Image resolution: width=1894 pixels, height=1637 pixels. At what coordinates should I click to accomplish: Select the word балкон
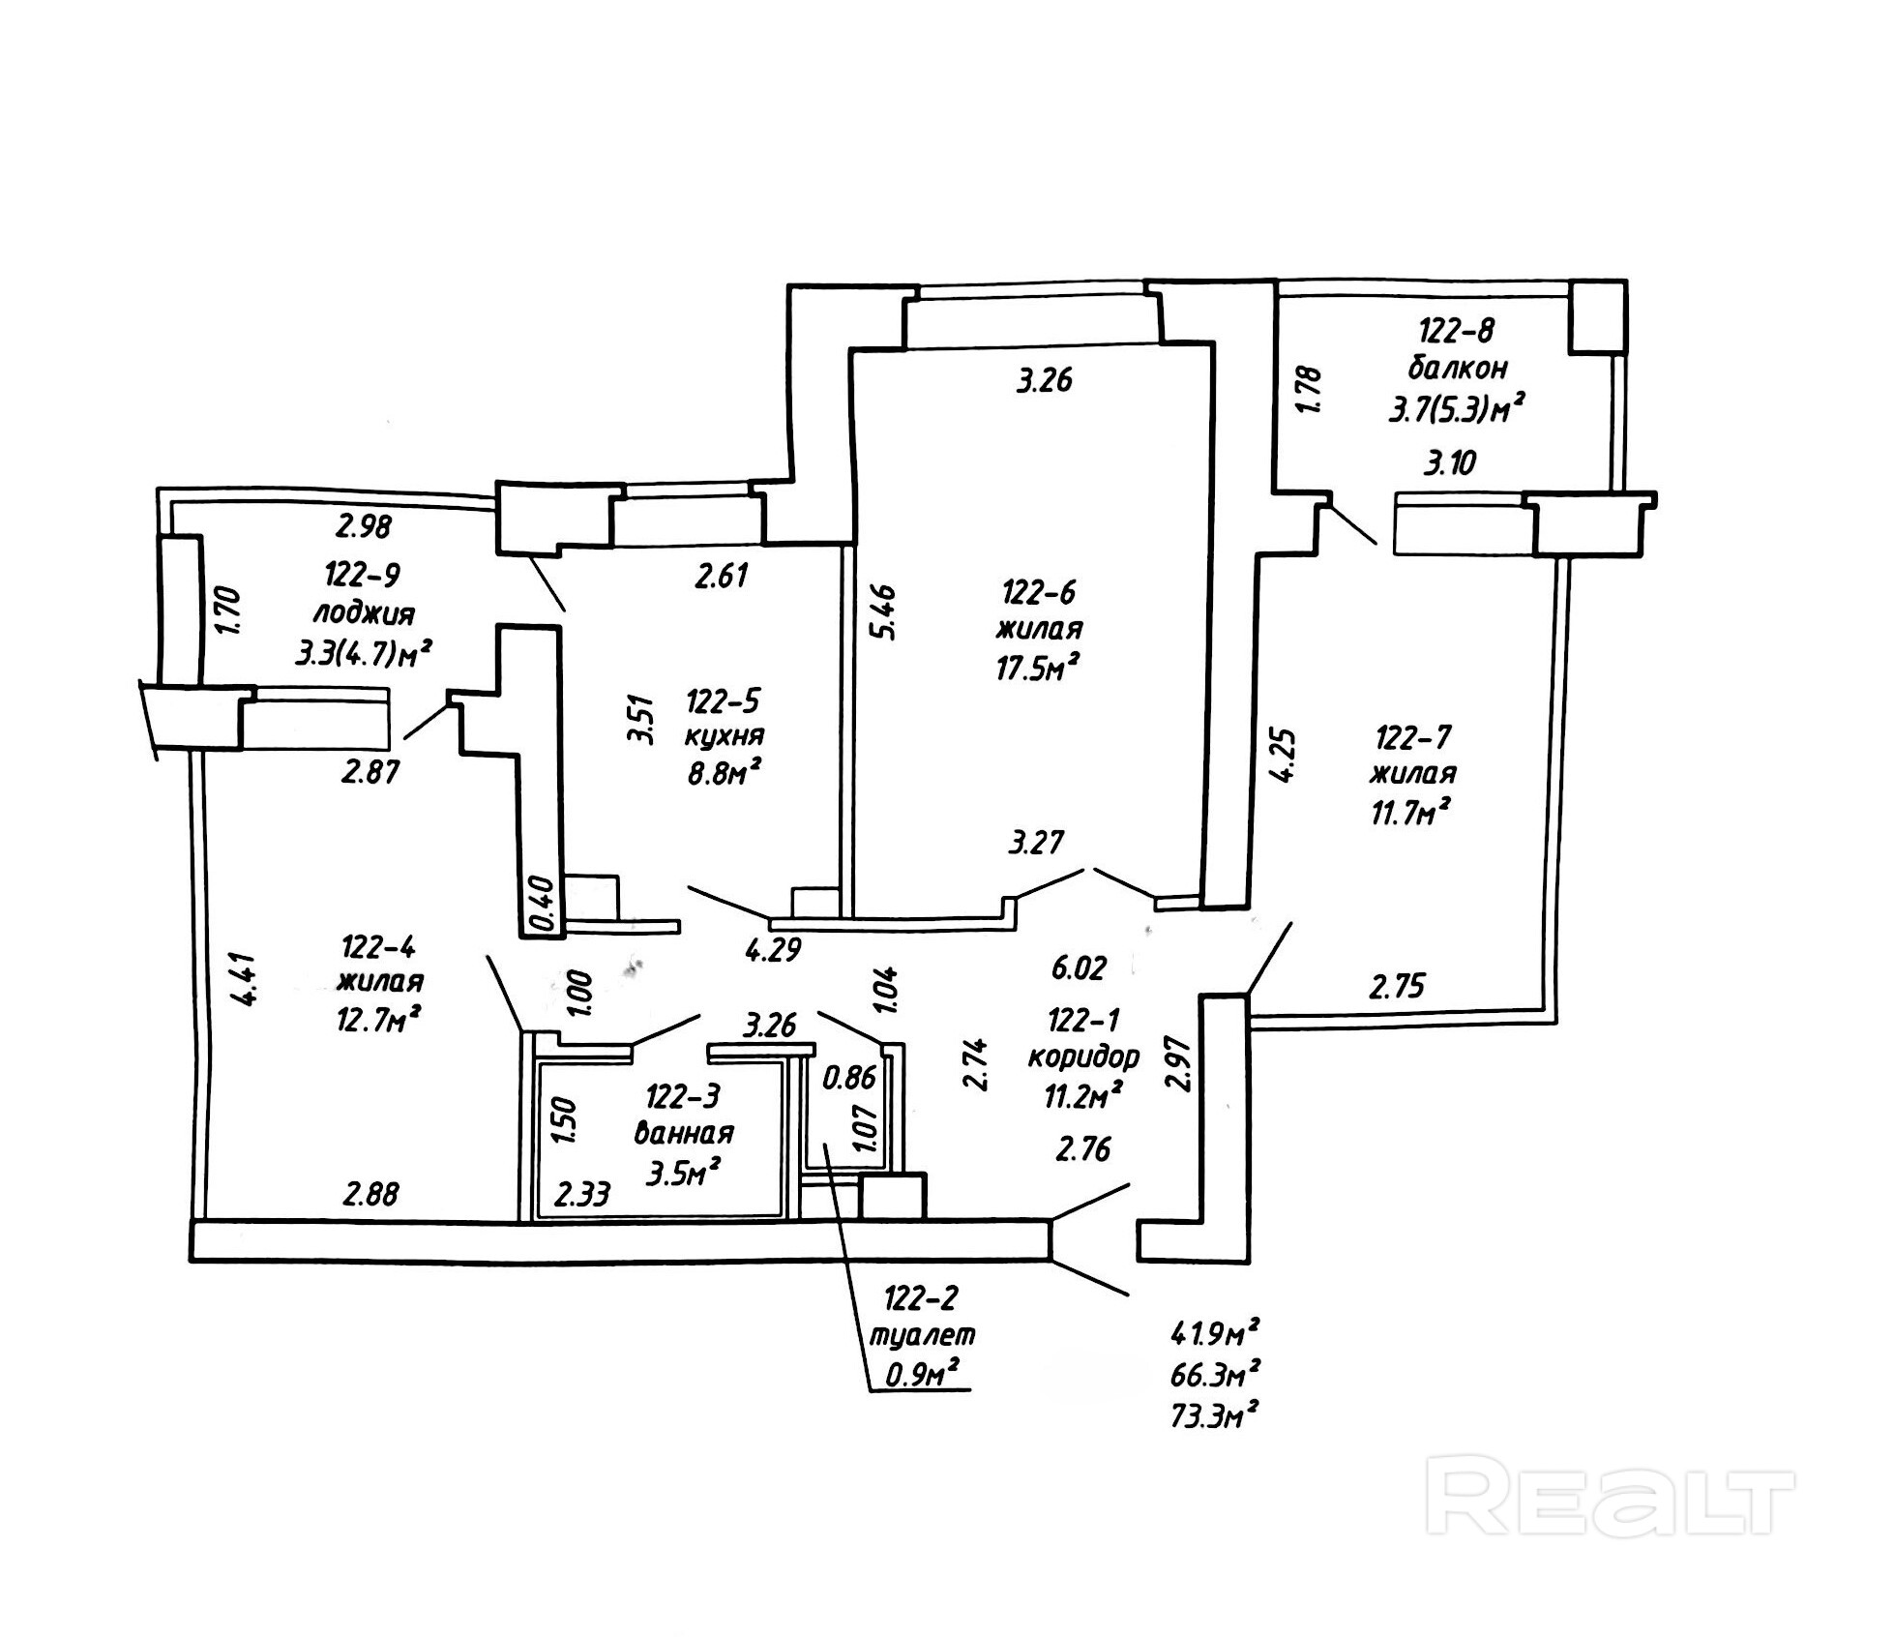1458,369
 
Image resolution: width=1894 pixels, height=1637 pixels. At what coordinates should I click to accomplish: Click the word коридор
1083,1057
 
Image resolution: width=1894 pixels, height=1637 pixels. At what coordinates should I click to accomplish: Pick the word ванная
684,1133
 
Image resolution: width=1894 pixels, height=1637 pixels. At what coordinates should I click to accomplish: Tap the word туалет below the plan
923,1334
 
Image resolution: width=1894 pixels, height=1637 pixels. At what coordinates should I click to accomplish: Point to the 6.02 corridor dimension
1079,967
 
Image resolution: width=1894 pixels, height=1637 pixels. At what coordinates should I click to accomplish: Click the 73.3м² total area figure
1214,1418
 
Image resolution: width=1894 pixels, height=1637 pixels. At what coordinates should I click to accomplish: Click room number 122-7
1413,738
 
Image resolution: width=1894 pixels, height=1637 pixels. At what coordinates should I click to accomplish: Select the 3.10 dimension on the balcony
1450,463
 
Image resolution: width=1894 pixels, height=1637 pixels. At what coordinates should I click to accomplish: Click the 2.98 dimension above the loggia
364,527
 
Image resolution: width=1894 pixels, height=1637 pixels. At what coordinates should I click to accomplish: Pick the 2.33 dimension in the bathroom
582,1196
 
